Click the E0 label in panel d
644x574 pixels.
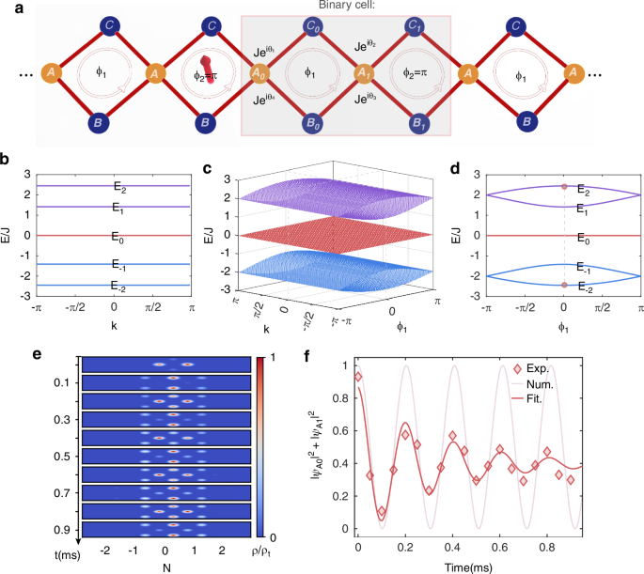pos(583,240)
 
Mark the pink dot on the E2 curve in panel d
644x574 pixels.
pos(564,186)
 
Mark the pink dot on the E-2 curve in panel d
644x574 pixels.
pos(564,285)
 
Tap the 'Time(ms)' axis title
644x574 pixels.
pos(496,566)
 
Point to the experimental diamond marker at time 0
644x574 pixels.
pos(358,376)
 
